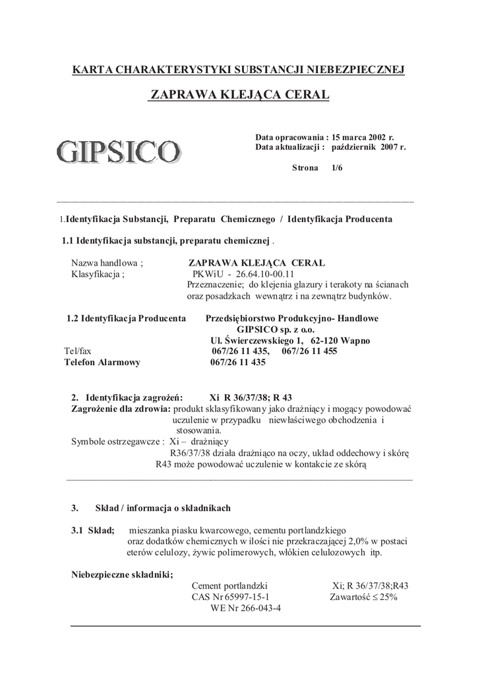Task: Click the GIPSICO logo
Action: pyautogui.click(x=118, y=151)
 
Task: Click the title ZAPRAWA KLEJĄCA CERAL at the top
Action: pyautogui.click(x=239, y=94)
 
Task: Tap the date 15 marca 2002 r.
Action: pyautogui.click(x=363, y=136)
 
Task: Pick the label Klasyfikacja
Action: pyautogui.click(x=98, y=274)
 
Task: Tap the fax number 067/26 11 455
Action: pyautogui.click(x=309, y=351)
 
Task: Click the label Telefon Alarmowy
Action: pyautogui.click(x=102, y=363)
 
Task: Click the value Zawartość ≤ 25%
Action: pyautogui.click(x=363, y=597)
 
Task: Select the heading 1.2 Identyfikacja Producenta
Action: pyautogui.click(x=126, y=318)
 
